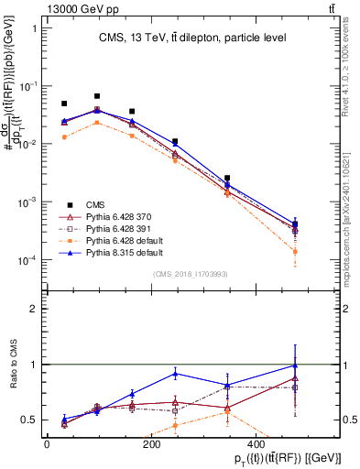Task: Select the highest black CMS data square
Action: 97,95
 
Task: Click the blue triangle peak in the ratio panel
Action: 175,374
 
